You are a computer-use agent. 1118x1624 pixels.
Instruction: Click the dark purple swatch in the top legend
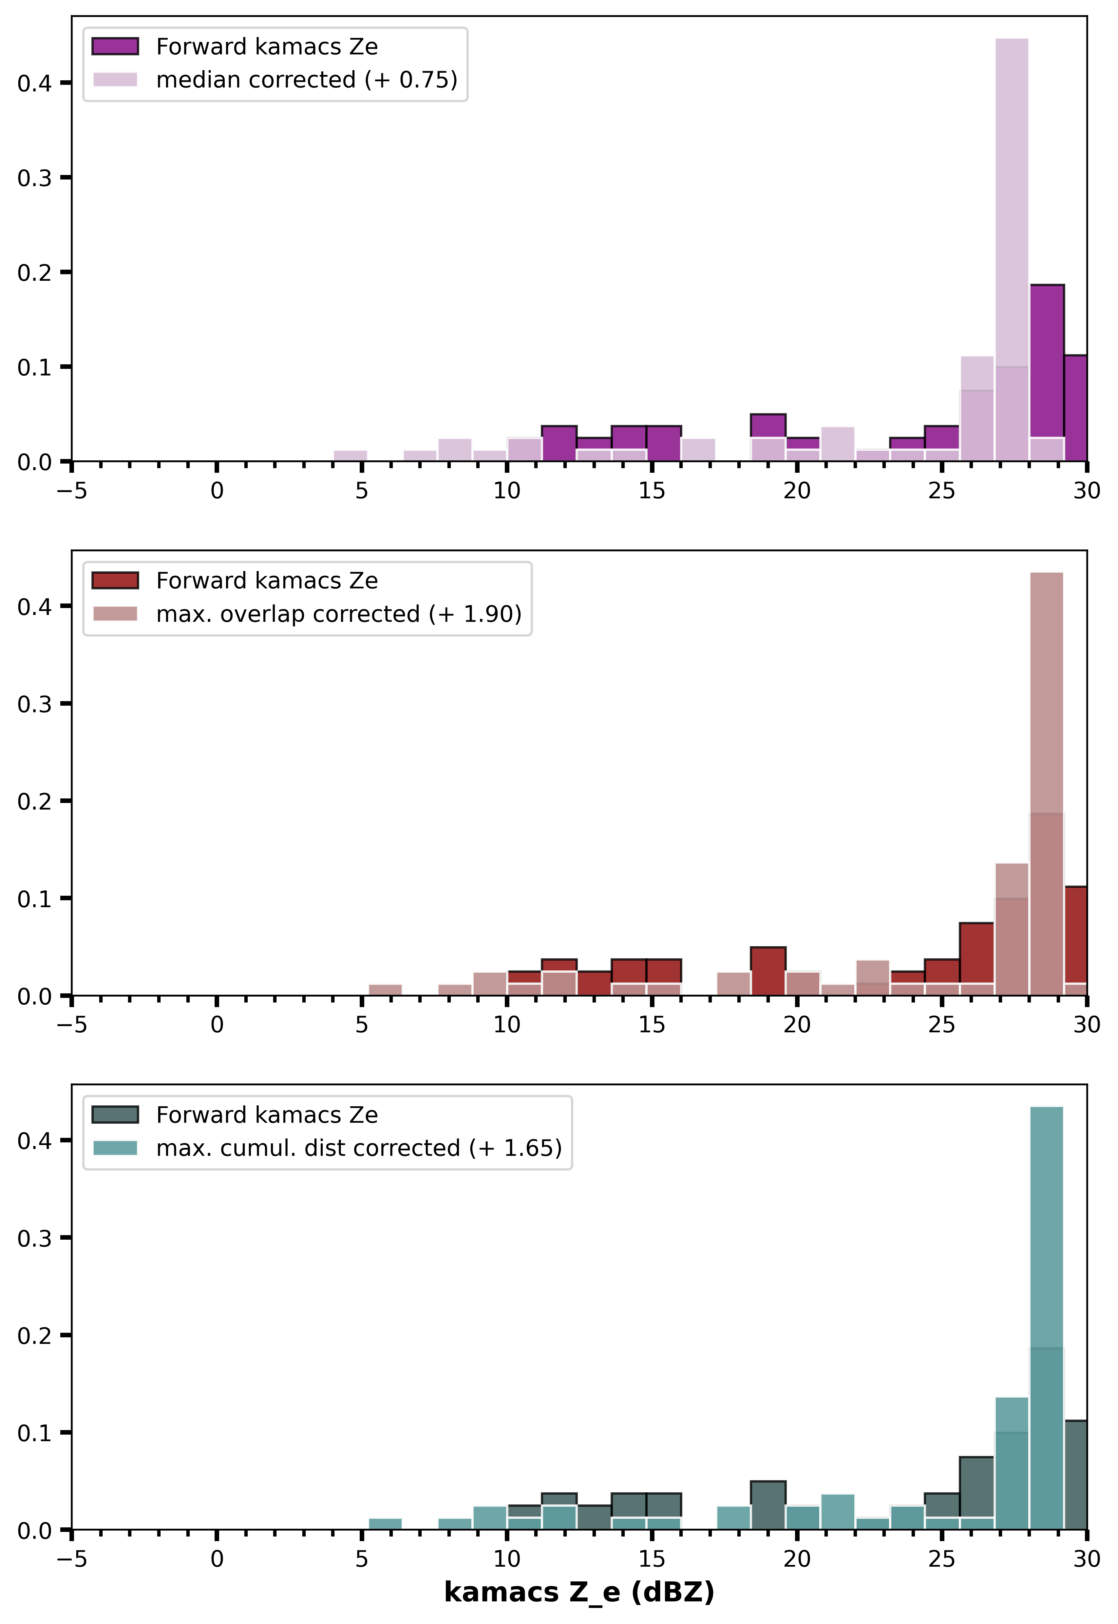coord(115,46)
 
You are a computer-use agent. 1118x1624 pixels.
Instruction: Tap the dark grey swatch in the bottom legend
coord(115,1115)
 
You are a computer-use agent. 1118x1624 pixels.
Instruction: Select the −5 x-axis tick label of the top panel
coord(71,490)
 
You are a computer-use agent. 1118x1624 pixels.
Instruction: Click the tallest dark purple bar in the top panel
coord(1047,373)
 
